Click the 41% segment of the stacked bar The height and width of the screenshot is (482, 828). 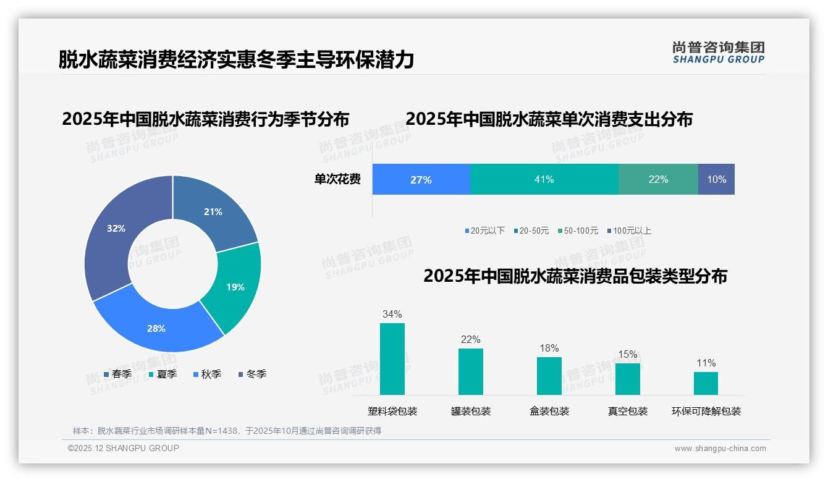pos(544,179)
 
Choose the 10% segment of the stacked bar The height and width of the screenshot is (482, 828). pos(716,179)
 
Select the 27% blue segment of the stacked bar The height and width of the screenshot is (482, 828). pos(421,179)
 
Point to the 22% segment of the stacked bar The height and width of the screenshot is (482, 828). pos(658,179)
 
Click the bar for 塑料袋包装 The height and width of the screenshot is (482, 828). pos(392,358)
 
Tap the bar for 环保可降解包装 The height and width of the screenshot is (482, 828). pos(706,383)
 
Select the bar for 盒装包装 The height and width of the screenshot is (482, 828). pos(549,376)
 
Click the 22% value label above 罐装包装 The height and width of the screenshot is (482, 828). pos(470,339)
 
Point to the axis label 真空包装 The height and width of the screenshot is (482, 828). pos(627,411)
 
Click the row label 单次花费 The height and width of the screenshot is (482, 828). pos(337,179)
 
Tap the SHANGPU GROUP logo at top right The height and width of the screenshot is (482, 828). pos(718,53)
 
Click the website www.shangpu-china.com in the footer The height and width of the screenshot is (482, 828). pos(720,448)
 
